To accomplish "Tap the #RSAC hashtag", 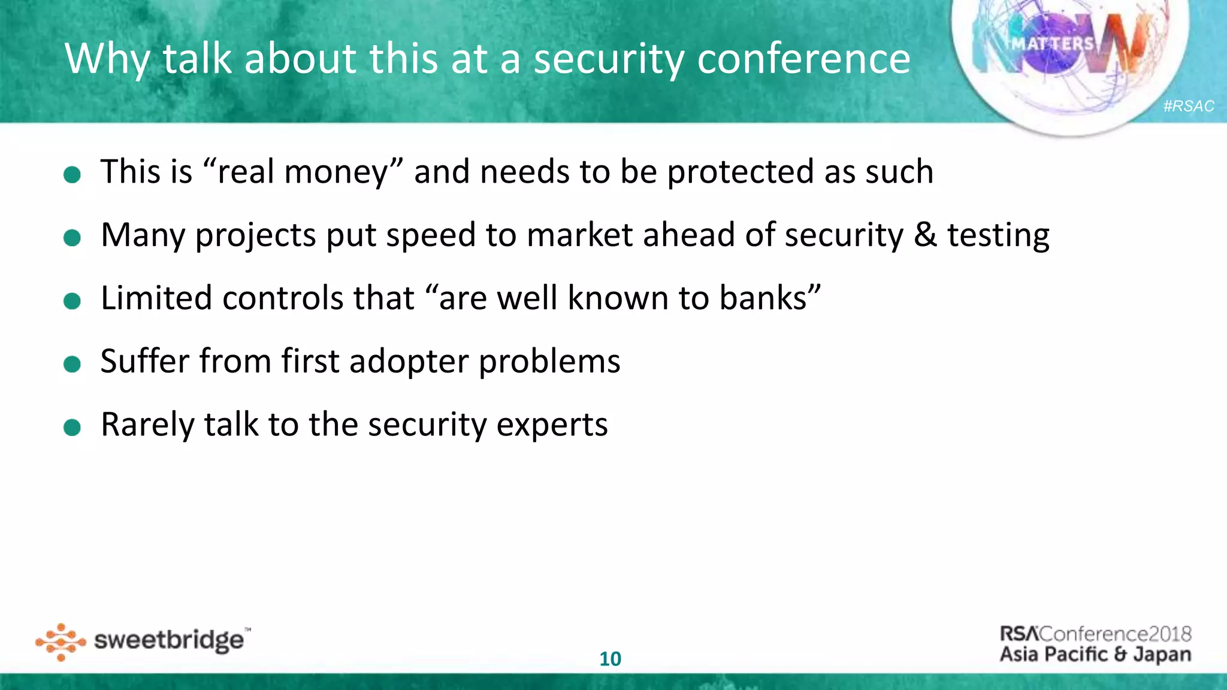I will tap(1189, 106).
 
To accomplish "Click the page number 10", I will tap(611, 659).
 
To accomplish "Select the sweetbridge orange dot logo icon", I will tap(61, 642).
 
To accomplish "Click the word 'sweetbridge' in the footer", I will tap(169, 641).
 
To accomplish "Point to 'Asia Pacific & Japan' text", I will tap(1095, 654).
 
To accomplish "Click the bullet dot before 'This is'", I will tap(72, 175).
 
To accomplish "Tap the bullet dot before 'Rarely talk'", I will tap(72, 428).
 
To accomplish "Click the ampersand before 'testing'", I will tap(925, 235).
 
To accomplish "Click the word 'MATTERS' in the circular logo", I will tap(1053, 44).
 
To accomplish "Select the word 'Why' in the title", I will tap(107, 60).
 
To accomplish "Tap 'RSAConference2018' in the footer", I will tap(1095, 634).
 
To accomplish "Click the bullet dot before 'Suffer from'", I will tap(72, 364).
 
